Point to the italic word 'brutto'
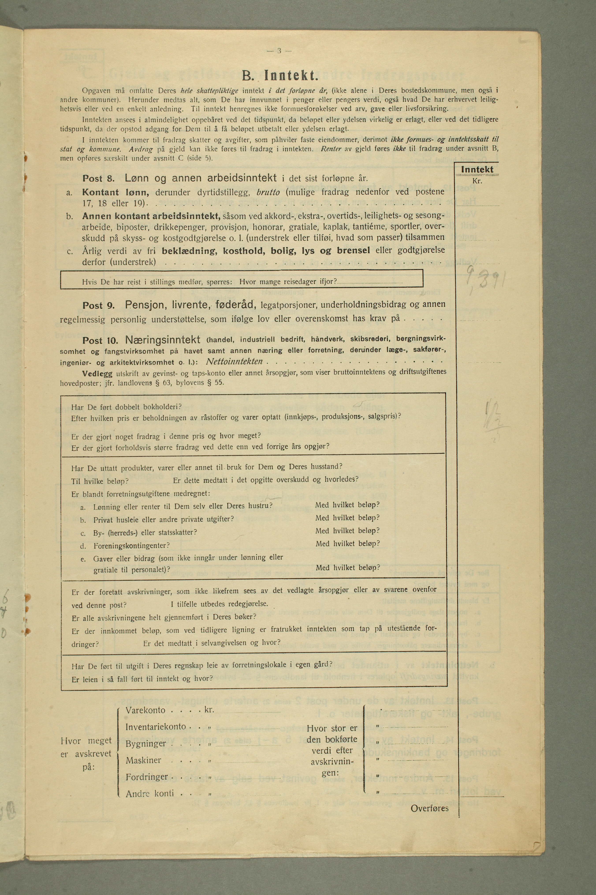tap(268, 192)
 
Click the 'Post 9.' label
tap(98, 306)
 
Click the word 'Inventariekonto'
tap(156, 727)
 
